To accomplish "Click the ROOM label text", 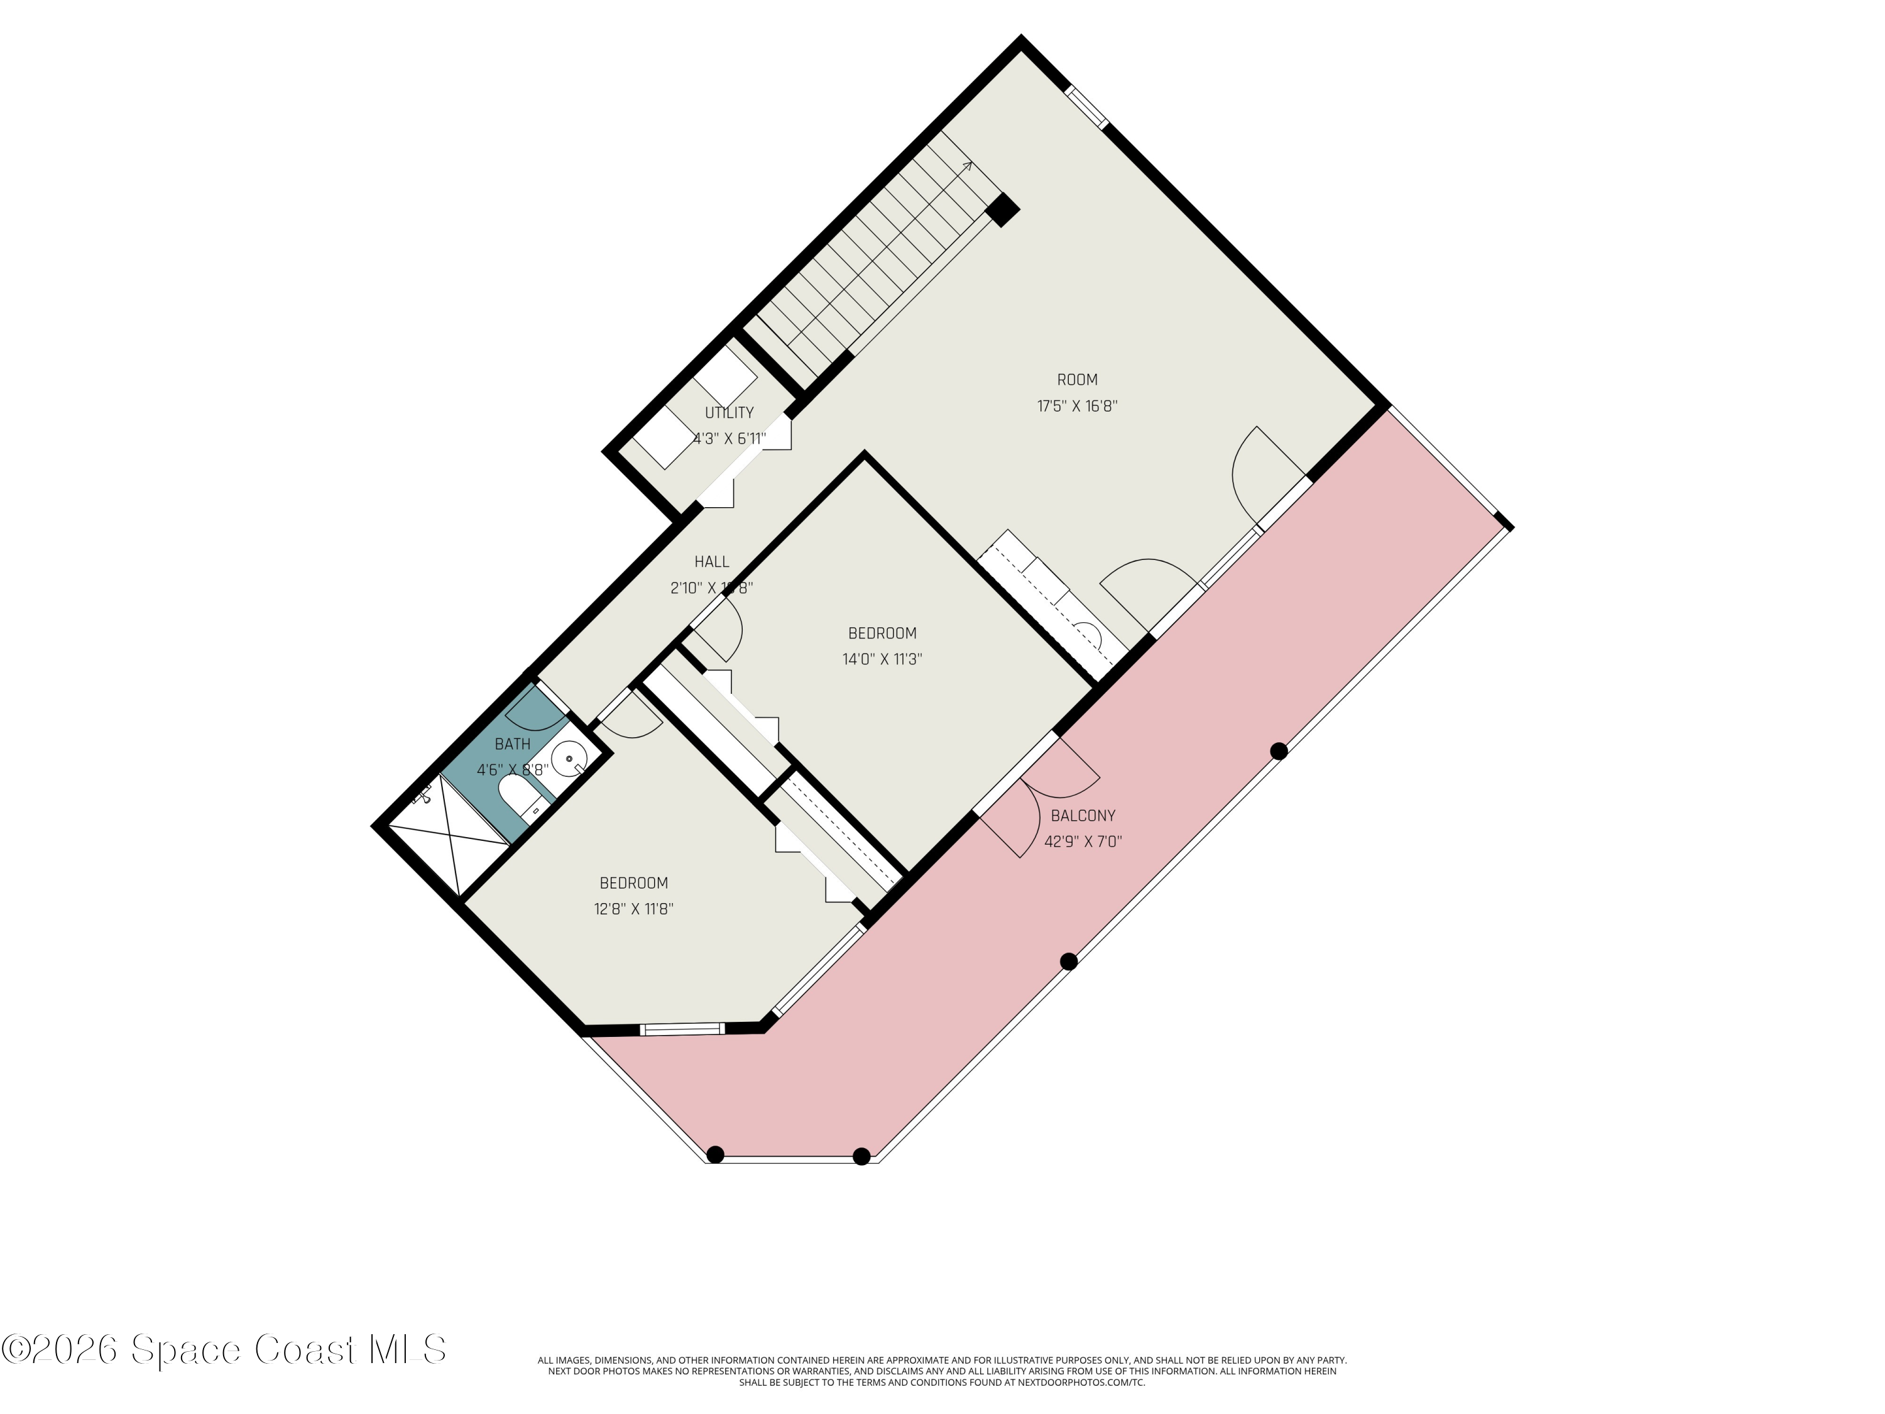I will tap(1077, 380).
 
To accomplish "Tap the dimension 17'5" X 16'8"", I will tap(1077, 407).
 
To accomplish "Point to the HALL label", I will tap(711, 562).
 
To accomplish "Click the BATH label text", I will tap(512, 744).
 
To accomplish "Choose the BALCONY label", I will tap(1083, 816).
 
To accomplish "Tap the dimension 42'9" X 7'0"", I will tap(1083, 842).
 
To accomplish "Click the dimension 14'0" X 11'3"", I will tap(882, 659).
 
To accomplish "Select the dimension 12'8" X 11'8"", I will tap(634, 909).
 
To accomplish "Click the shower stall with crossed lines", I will tap(450, 839).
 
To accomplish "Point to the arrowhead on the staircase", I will tap(968, 165).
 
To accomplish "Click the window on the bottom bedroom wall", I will tap(682, 1029).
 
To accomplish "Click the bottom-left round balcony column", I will tap(716, 1155).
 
